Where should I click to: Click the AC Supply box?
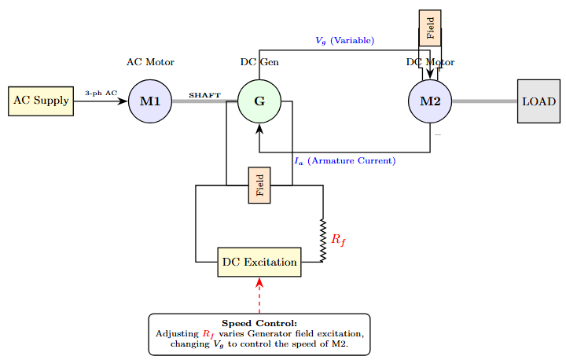point(41,101)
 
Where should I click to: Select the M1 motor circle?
point(150,101)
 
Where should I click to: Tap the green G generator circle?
point(259,101)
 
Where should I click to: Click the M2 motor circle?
point(430,101)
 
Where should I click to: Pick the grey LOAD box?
point(538,101)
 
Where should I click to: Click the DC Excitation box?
point(259,262)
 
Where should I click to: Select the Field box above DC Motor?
point(430,28)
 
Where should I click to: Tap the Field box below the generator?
point(259,186)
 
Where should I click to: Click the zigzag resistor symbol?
point(323,240)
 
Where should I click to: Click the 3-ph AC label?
point(101,94)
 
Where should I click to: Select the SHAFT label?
point(204,94)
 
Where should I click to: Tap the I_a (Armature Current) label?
point(344,161)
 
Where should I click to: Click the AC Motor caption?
point(150,62)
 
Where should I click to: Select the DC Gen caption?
point(259,62)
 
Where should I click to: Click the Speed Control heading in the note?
point(259,323)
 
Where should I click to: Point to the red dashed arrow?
point(259,296)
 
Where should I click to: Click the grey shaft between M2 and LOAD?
point(484,101)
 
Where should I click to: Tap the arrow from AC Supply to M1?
point(101,101)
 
